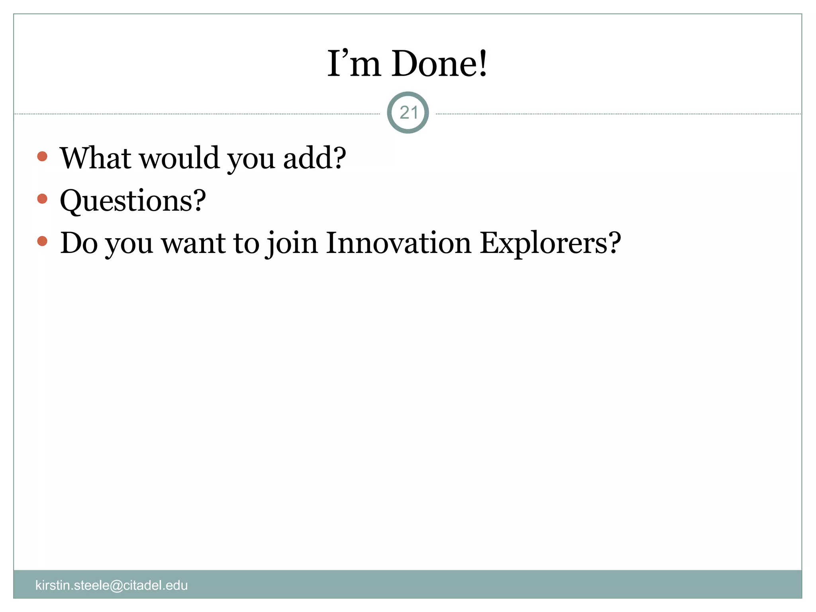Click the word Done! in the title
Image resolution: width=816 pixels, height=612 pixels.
pyautogui.click(x=439, y=64)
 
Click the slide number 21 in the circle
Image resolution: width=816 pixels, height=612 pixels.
pyautogui.click(x=408, y=113)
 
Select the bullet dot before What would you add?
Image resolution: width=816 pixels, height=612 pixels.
pyautogui.click(x=42, y=156)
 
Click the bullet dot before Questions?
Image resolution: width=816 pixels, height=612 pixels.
pyautogui.click(x=42, y=198)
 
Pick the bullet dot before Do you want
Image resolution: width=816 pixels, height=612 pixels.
pyautogui.click(x=42, y=241)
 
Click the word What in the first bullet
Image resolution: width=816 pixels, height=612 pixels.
pyautogui.click(x=96, y=158)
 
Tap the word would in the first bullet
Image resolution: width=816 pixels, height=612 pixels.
pyautogui.click(x=180, y=158)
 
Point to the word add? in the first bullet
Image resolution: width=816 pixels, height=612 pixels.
pyautogui.click(x=314, y=158)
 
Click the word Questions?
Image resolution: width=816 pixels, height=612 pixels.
pyautogui.click(x=133, y=200)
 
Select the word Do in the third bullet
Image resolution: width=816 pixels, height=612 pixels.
pyautogui.click(x=78, y=243)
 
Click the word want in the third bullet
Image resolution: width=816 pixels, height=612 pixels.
pyautogui.click(x=193, y=243)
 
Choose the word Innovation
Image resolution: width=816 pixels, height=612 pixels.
pyautogui.click(x=398, y=243)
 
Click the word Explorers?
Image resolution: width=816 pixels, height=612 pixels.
pyautogui.click(x=550, y=243)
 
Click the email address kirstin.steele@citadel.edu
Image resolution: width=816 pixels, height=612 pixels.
pyautogui.click(x=112, y=585)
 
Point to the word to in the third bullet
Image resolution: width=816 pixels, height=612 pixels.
pyautogui.click(x=246, y=243)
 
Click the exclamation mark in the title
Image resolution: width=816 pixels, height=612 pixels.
pyautogui.click(x=483, y=64)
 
